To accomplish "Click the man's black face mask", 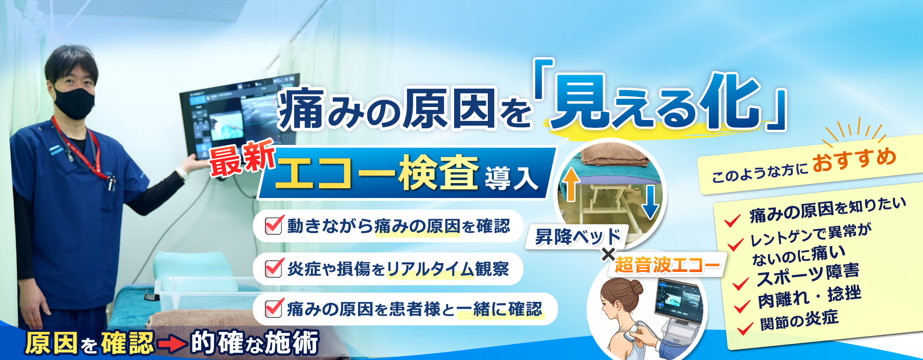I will [74, 102].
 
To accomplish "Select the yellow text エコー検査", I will [376, 174].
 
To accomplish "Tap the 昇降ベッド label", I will [577, 237].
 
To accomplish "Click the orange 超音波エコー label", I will [667, 265].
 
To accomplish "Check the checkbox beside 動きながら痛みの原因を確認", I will [273, 225].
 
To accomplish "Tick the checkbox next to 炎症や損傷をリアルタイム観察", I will [273, 268].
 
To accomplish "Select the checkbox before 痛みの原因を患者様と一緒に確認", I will [273, 308].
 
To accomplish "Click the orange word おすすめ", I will [854, 160].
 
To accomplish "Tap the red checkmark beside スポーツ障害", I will [740, 283].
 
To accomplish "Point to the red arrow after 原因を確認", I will [172, 344].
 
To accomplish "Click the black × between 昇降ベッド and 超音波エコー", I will [608, 254].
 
